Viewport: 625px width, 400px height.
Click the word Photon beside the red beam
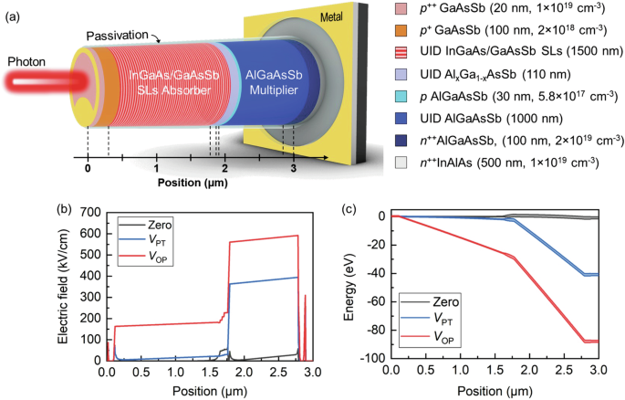(27, 62)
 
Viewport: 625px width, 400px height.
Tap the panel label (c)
(348, 207)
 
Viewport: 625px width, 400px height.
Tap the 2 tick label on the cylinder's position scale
(224, 169)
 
